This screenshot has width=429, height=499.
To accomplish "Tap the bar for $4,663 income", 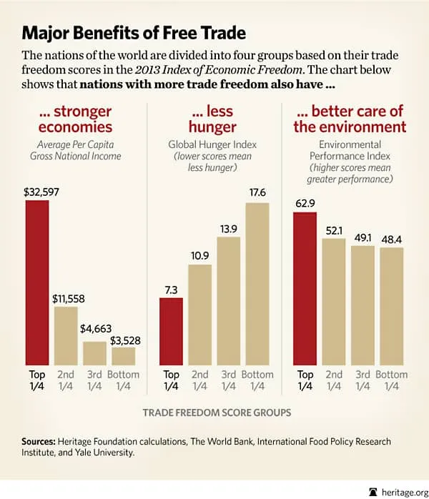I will (94, 353).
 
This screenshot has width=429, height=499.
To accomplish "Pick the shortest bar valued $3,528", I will (123, 356).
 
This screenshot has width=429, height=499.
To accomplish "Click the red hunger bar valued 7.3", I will (172, 331).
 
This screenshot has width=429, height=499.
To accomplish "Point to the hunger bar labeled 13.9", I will (229, 300).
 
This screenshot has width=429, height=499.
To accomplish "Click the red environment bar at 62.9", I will (305, 290).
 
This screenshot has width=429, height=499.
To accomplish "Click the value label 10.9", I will (199, 255).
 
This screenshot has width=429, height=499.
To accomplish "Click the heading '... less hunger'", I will (214, 119).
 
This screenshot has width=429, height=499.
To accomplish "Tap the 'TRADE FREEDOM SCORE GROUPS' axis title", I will (214, 412).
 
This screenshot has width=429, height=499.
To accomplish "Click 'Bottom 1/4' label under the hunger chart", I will (257, 380).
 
